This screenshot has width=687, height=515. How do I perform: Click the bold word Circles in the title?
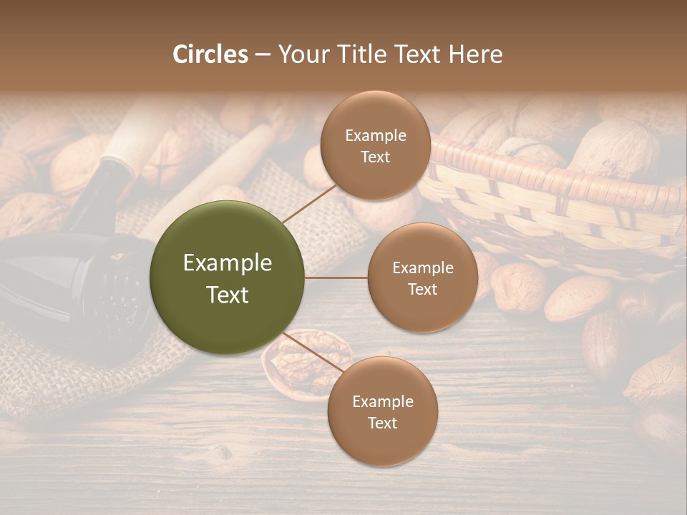click(x=210, y=54)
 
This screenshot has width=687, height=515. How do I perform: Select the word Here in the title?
click(x=476, y=54)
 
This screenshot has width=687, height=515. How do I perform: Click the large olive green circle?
click(x=228, y=278)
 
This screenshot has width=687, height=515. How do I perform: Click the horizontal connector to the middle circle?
click(x=336, y=278)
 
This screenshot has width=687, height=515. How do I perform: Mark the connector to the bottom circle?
click(x=315, y=353)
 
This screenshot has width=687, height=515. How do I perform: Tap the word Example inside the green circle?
click(x=228, y=263)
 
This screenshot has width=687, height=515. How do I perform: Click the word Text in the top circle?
click(x=375, y=157)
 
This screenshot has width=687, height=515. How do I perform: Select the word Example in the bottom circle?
click(x=382, y=401)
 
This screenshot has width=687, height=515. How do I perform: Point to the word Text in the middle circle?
click(x=422, y=289)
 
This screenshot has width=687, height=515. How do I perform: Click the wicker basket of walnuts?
click(x=558, y=193)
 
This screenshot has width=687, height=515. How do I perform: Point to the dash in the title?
click(x=263, y=55)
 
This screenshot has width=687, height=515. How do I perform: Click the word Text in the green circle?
click(x=228, y=295)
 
